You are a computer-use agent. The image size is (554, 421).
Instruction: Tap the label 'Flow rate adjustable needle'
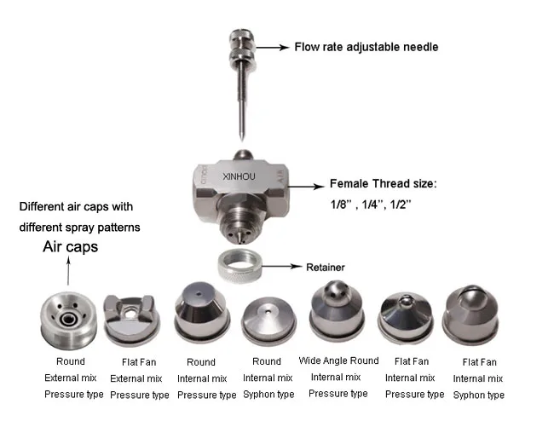(x=366, y=47)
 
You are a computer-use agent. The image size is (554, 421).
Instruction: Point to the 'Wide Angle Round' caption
(x=338, y=360)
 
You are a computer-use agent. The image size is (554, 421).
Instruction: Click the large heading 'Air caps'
(x=71, y=247)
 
